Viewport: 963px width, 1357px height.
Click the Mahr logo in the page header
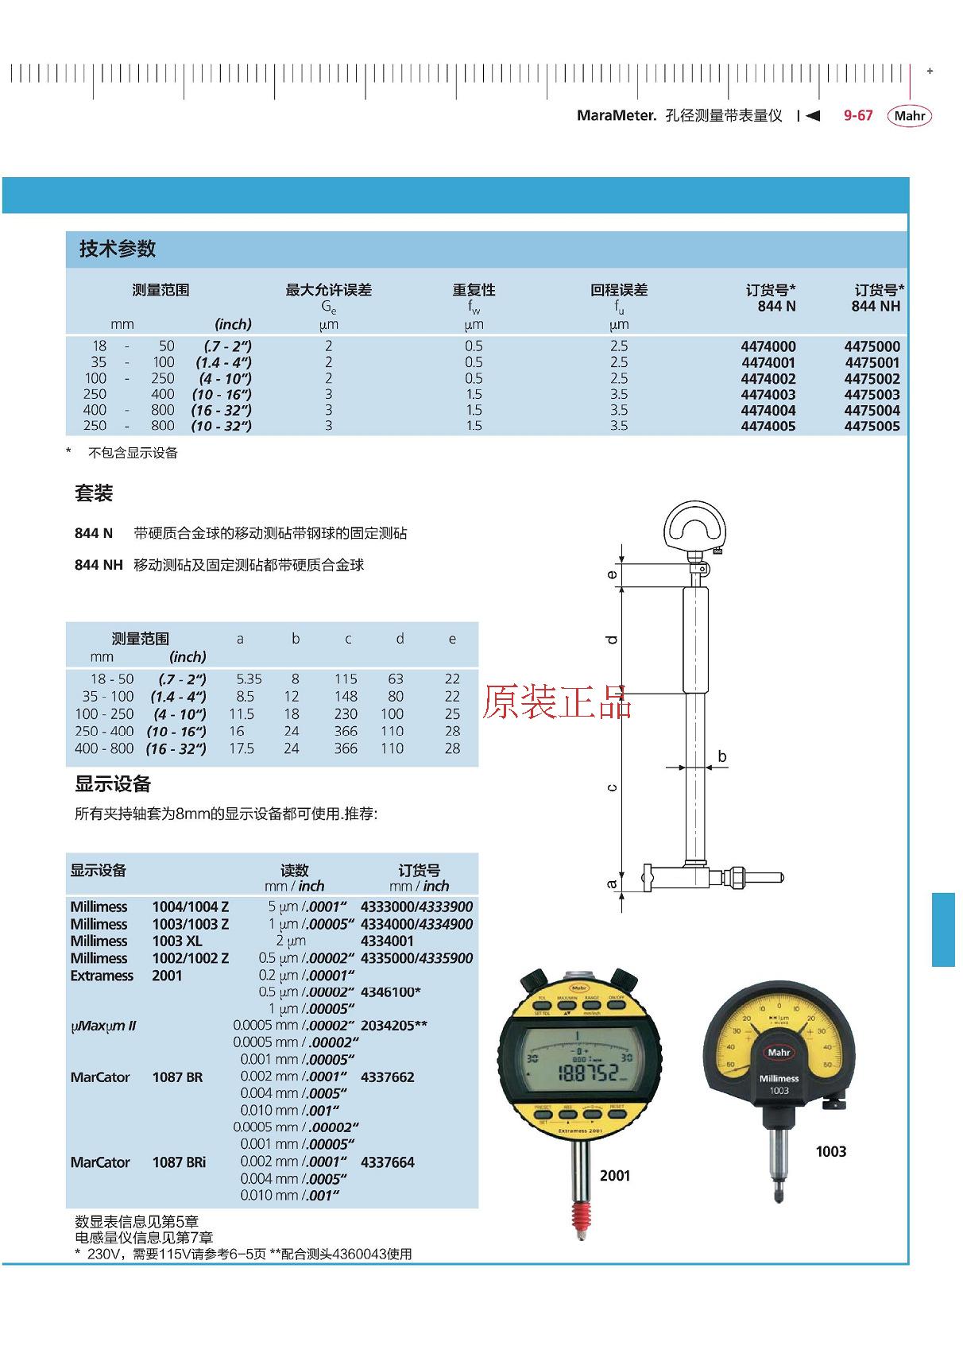click(x=909, y=116)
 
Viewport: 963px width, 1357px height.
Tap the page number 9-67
click(x=857, y=116)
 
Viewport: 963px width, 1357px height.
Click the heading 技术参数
click(x=118, y=249)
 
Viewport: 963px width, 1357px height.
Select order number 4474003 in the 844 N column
click(x=768, y=395)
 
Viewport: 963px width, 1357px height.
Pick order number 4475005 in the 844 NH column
click(x=872, y=427)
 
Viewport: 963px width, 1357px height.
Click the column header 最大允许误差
click(x=328, y=290)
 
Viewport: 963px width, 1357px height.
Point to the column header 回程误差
click(x=618, y=290)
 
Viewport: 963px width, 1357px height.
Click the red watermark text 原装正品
click(x=556, y=702)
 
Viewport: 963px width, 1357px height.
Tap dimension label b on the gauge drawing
click(x=721, y=756)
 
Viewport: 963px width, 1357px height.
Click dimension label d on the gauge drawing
click(x=612, y=640)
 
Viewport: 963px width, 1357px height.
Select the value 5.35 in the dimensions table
click(x=249, y=679)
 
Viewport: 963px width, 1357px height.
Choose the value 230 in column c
click(x=346, y=714)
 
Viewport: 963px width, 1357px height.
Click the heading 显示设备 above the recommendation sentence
click(x=113, y=784)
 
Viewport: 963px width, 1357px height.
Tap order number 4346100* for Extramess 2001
click(x=390, y=992)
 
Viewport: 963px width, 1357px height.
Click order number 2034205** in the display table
click(x=393, y=1026)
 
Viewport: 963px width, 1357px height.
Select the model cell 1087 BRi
click(x=179, y=1162)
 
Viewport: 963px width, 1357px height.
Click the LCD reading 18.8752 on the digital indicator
click(x=587, y=1073)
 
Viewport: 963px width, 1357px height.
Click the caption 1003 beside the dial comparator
click(x=830, y=1152)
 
